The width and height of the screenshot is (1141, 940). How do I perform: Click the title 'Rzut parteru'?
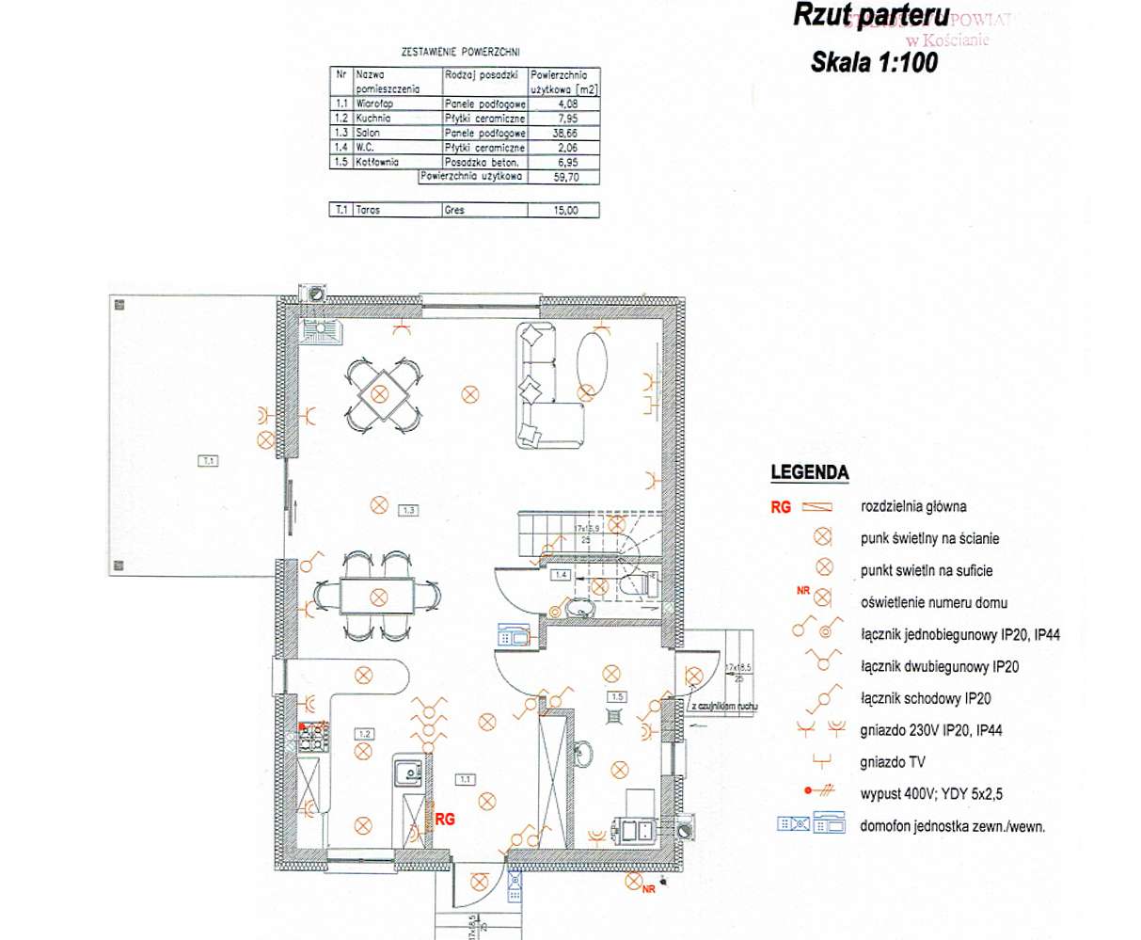point(870,17)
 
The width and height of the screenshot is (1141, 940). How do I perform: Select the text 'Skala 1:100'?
point(873,62)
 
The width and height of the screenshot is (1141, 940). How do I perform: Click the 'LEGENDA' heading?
point(809,473)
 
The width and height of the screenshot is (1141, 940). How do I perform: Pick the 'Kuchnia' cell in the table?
point(373,119)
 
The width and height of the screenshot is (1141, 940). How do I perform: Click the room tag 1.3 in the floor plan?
point(408,510)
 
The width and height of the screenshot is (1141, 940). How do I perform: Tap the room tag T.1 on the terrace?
point(208,461)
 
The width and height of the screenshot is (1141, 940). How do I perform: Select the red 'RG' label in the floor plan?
point(445,820)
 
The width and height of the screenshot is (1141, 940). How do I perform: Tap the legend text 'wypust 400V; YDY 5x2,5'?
point(925,793)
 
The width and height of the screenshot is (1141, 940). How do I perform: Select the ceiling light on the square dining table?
point(381,393)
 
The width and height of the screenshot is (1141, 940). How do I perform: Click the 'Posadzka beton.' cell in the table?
point(483,162)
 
